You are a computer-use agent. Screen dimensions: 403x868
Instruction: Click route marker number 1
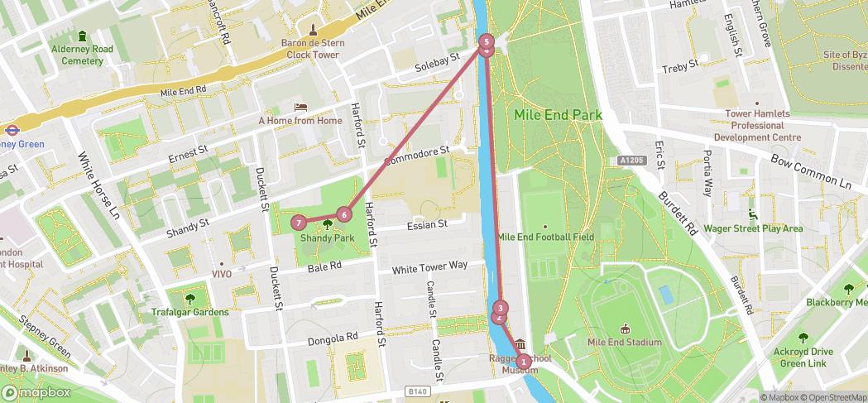[x=523, y=361]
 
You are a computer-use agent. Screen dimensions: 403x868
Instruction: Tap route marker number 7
[x=299, y=223]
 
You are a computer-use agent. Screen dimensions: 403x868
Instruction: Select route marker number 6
[x=344, y=214]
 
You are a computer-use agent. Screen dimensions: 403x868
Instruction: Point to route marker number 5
[x=487, y=41]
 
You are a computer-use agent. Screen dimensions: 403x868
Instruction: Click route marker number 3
[x=500, y=309]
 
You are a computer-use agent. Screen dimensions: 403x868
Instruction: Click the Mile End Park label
[x=558, y=115]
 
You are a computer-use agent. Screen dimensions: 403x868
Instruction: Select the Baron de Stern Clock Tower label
[x=313, y=49]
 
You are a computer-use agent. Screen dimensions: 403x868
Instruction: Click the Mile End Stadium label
[x=624, y=342]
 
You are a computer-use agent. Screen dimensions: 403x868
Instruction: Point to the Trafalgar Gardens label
[x=189, y=312]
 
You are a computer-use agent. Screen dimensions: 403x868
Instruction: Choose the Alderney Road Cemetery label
[x=82, y=55]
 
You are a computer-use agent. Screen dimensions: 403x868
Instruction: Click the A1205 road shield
[x=631, y=161]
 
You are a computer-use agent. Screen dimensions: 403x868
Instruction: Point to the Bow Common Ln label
[x=810, y=170]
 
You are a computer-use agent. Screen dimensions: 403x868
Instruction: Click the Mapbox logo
[x=36, y=392]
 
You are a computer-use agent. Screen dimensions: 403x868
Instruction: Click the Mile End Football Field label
[x=545, y=237]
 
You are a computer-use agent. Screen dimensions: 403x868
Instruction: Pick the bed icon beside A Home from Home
[x=300, y=108]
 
